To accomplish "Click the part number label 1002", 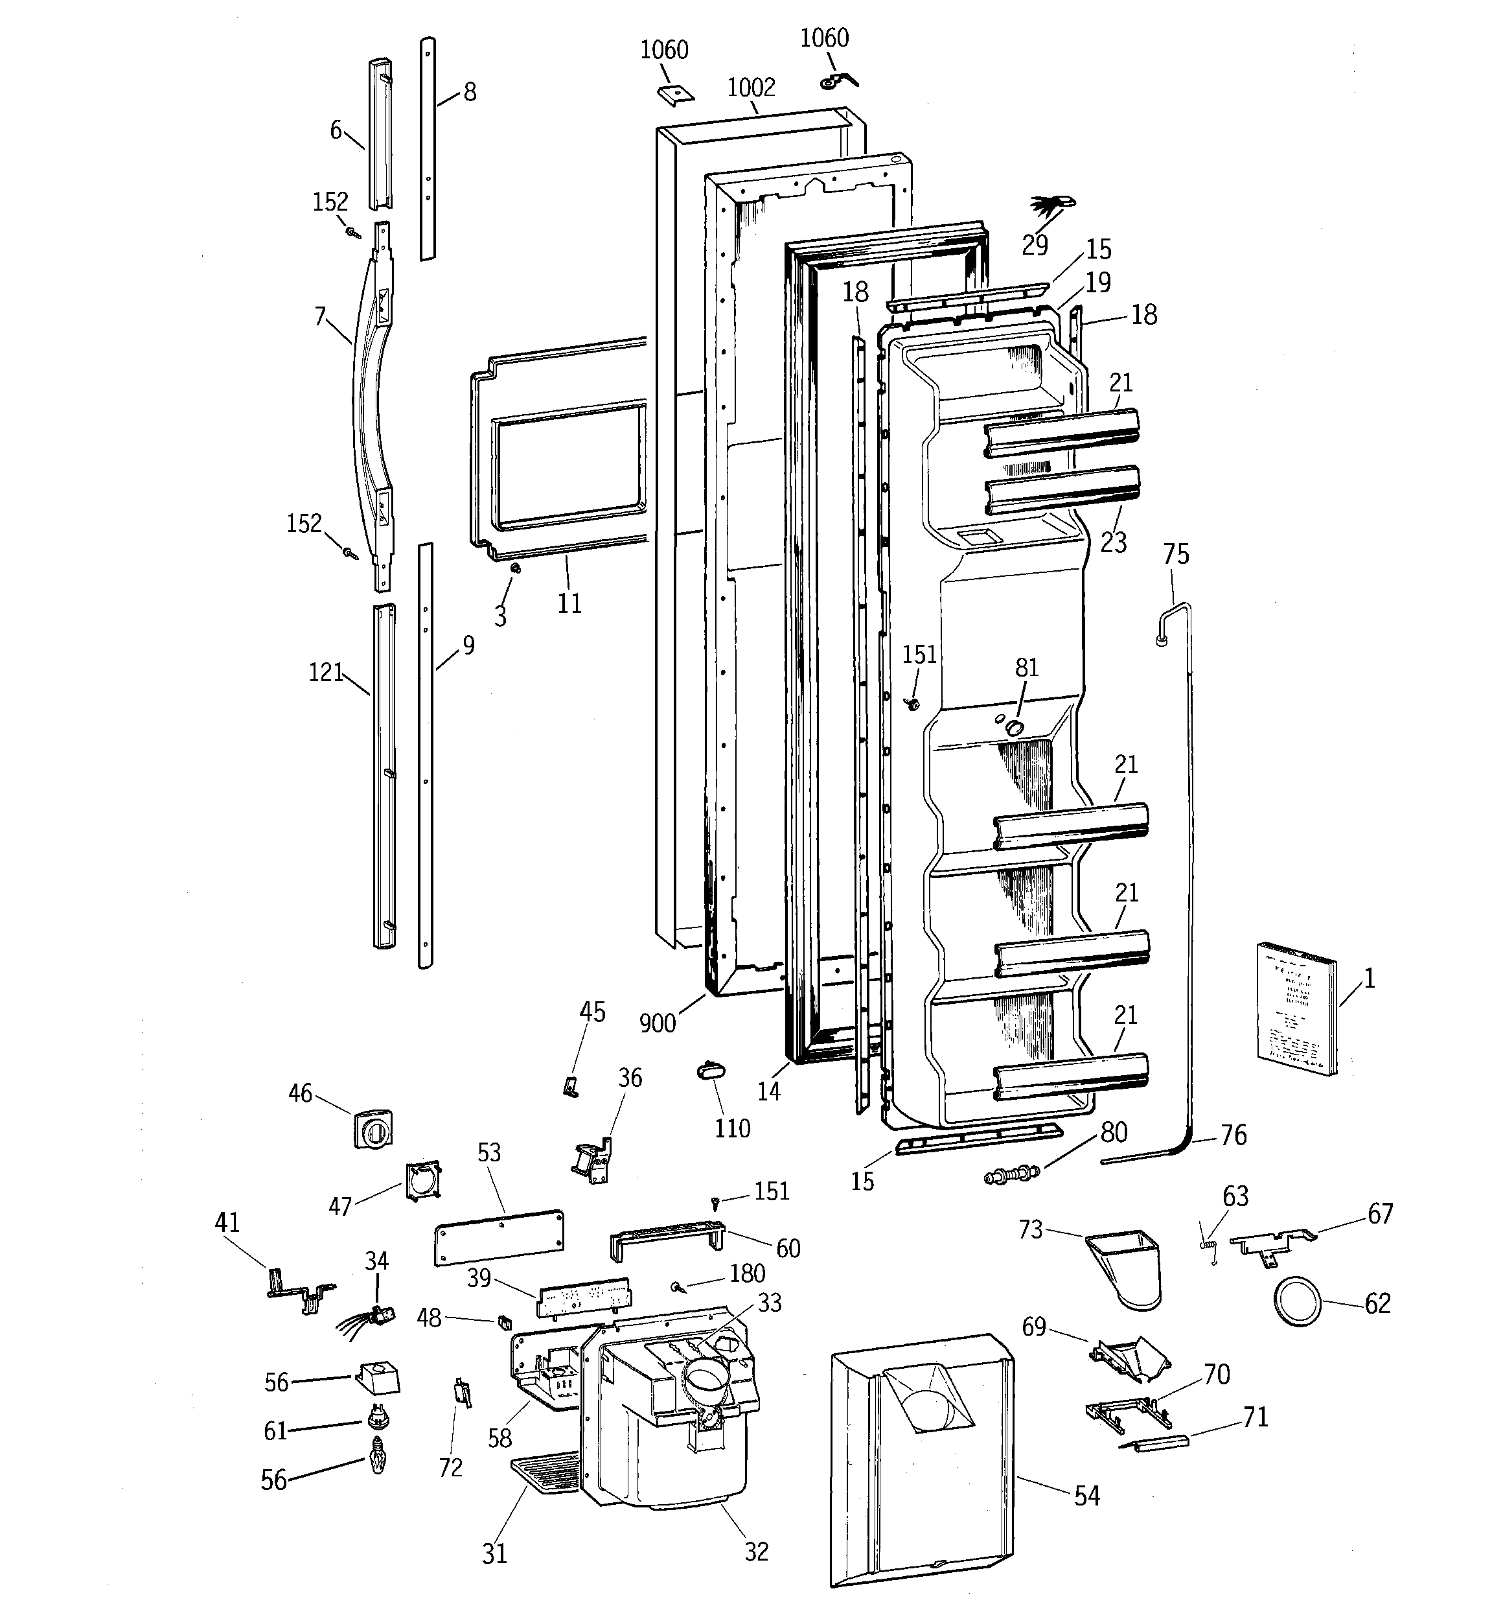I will click(x=750, y=87).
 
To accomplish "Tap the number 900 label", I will click(x=657, y=1023).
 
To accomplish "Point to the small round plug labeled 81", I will click(x=1014, y=728).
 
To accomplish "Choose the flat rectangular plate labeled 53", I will click(x=499, y=1235).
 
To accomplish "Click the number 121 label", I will click(x=326, y=673).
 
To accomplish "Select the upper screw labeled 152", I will click(x=352, y=233).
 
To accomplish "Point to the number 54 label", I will click(x=1086, y=1496).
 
